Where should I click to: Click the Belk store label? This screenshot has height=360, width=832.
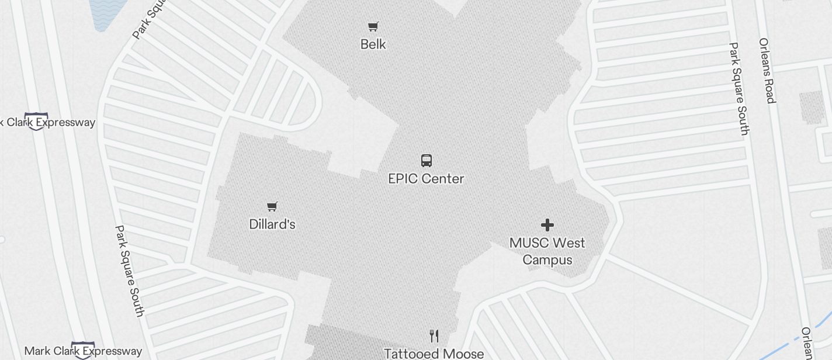coord(373,44)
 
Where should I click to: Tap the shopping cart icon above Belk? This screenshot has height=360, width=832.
coord(373,26)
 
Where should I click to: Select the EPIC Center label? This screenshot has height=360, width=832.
coord(426,179)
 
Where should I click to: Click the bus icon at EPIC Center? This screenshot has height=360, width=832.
coord(427,161)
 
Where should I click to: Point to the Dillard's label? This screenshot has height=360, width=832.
coord(272,224)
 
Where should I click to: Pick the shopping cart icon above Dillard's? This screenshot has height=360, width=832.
coord(272,206)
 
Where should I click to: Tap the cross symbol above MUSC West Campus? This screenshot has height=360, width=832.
coord(547,225)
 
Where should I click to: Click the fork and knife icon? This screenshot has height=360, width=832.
coord(434,336)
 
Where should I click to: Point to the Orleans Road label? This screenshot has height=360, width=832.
coord(767,70)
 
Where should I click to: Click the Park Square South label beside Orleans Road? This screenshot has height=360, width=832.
coord(739,89)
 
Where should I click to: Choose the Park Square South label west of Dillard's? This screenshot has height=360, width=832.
coord(129,271)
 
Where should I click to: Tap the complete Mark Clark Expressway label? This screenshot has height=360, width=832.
coord(83,351)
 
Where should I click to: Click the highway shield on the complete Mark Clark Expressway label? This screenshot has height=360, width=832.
coord(83,350)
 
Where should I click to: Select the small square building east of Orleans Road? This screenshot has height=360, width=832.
coord(812,108)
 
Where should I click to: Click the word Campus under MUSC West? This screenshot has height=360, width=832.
coord(547,259)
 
